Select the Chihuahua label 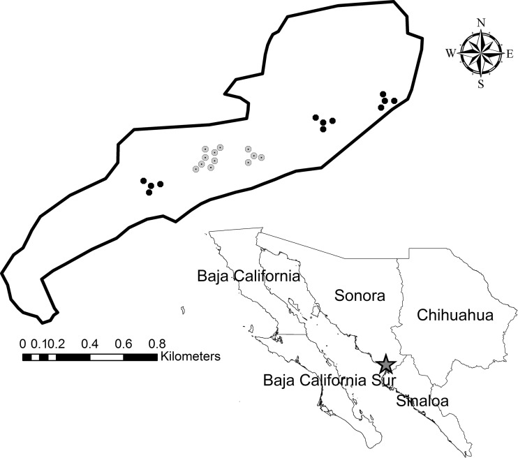coord(455,316)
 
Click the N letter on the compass coord(481,22)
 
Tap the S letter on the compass coord(481,84)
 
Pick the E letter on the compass coord(510,53)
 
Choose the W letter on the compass coord(451,53)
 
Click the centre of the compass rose coord(481,53)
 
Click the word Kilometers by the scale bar coord(190,357)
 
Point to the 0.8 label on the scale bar coord(157,343)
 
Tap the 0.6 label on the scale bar coord(124,343)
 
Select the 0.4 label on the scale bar coord(90,343)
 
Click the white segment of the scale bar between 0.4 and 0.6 coord(107,357)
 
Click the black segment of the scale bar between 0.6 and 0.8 coord(140,357)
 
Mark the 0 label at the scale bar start coord(23,343)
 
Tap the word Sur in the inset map coord(381,381)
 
